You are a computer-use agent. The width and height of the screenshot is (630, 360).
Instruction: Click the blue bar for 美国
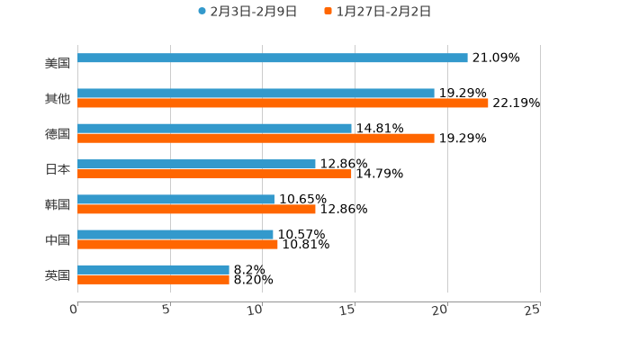coord(272,58)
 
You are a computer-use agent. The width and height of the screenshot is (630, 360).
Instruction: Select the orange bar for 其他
coord(283,103)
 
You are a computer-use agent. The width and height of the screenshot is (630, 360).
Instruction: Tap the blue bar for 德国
coord(214,129)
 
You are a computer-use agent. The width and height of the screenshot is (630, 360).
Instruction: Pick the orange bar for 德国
coord(256,139)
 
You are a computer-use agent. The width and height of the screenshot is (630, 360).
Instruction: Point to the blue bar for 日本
coord(196,165)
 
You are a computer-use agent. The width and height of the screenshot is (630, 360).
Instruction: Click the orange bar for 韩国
coord(196,209)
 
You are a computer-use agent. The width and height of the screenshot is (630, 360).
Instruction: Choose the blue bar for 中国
coord(175,235)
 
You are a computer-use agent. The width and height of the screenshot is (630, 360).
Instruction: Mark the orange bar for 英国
coord(153,280)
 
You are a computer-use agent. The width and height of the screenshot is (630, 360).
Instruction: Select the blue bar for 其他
coord(256,94)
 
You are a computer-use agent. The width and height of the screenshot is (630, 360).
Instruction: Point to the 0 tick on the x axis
coord(75,310)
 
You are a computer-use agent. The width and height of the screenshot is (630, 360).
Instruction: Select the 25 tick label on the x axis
coord(533,310)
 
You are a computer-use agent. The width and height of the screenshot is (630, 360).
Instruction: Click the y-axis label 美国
coord(58,64)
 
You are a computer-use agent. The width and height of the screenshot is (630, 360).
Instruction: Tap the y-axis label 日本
coord(58,169)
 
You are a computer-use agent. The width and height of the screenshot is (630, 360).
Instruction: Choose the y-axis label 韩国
coord(58,204)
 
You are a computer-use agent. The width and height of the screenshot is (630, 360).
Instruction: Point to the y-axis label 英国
coord(58,274)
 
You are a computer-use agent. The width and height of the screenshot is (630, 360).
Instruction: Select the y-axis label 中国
coord(58,239)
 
